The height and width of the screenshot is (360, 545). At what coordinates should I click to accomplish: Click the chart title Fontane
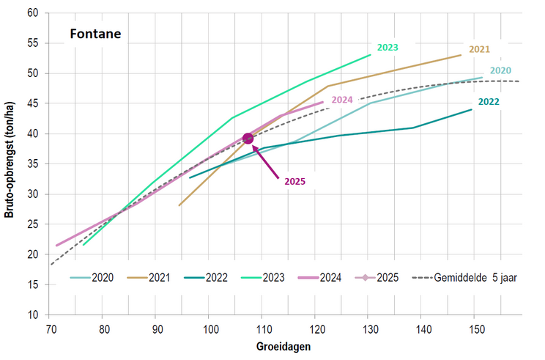click(95, 33)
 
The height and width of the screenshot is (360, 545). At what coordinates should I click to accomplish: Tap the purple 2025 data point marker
click(248, 138)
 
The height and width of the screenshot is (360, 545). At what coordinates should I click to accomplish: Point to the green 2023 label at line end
click(388, 48)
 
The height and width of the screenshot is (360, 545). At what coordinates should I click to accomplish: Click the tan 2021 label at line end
click(479, 49)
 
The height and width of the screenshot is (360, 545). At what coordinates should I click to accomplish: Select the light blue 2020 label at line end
click(500, 70)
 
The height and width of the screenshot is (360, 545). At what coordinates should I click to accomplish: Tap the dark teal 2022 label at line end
click(488, 102)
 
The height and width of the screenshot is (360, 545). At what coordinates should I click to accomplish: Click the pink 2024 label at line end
click(342, 100)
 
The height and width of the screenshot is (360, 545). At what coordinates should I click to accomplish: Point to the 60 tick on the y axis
click(33, 13)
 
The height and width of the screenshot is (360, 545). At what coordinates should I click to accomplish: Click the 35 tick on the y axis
click(33, 164)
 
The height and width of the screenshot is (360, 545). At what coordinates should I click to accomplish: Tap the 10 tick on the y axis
click(33, 315)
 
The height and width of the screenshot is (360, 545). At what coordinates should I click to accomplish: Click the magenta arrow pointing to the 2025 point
click(267, 162)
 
